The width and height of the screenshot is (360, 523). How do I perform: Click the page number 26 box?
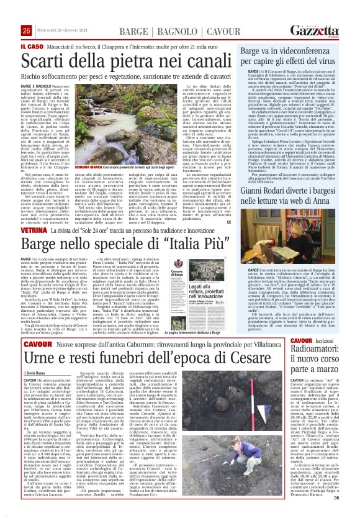tap(26, 30)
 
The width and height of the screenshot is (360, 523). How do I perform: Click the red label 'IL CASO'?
tap(31, 46)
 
